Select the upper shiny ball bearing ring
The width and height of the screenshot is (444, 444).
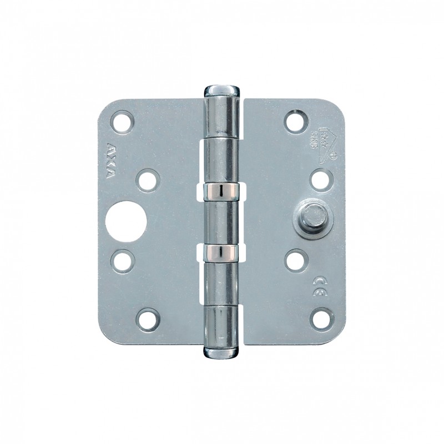coord(222,191)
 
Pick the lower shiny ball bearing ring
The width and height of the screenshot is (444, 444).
coord(222,253)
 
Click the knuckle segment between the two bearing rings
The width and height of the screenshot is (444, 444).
coord(222,222)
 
